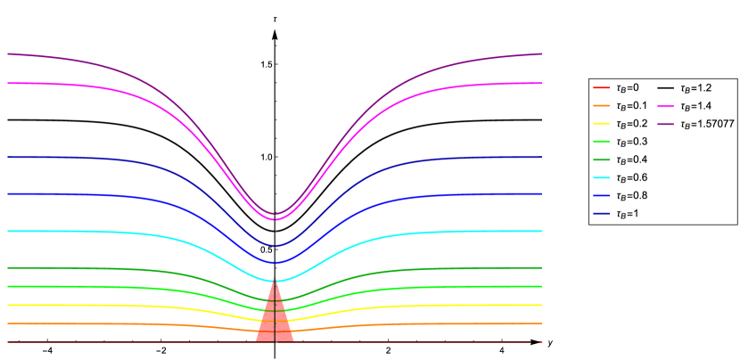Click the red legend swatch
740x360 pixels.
[x=601, y=87]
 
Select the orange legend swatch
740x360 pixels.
[x=601, y=105]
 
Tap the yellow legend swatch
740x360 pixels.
[x=601, y=123]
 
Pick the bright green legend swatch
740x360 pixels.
[x=601, y=141]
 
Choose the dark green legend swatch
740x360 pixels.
[x=601, y=160]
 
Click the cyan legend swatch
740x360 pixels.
[x=601, y=177]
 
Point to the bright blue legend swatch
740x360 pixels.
[x=601, y=195]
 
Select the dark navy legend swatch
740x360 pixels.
[x=601, y=213]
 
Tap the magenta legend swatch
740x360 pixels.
[x=665, y=106]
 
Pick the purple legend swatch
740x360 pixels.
[x=665, y=124]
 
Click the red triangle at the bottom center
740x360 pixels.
[x=275, y=321]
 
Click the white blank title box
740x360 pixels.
[x=269, y=8]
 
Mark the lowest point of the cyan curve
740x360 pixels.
[x=275, y=281]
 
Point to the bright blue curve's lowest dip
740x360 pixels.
[x=275, y=262]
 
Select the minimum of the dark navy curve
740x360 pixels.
[x=275, y=245]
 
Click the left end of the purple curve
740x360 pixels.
[x=9, y=53]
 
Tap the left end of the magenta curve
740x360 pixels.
[x=9, y=83]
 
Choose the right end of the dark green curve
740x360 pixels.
[x=540, y=267]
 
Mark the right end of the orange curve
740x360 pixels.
[x=540, y=323]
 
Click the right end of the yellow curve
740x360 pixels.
[x=540, y=305]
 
